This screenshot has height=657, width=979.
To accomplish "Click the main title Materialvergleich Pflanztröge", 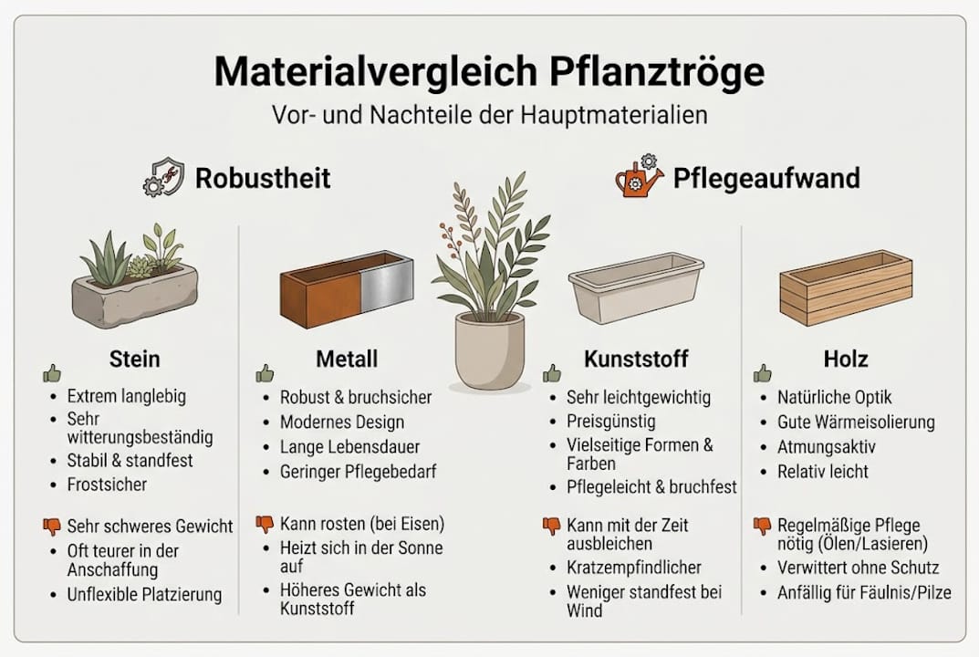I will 489,71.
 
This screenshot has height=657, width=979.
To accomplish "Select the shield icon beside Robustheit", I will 163,176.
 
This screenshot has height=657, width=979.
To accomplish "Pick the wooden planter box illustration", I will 846,287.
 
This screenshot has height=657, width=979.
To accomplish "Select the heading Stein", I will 135,359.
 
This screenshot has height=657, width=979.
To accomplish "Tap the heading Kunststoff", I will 636,359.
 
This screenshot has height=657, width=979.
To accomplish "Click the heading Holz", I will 845,359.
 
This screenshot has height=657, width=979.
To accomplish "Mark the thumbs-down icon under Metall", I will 265,524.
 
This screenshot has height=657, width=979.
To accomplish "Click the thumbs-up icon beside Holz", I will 762,373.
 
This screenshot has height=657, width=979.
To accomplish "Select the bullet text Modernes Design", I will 342,422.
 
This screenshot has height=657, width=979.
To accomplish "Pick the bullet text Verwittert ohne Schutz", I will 859,568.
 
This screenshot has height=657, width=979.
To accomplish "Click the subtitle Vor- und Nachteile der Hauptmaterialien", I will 489,116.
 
